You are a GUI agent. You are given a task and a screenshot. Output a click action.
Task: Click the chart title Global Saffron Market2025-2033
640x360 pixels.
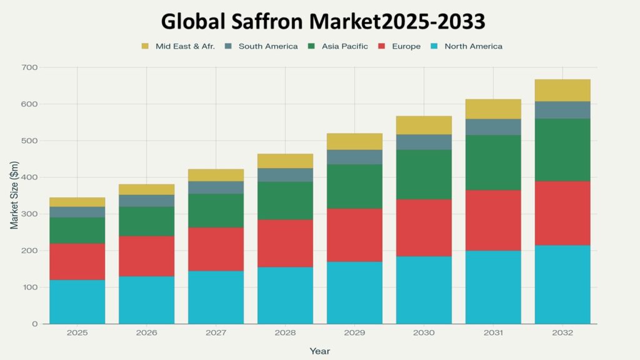(x=323, y=21)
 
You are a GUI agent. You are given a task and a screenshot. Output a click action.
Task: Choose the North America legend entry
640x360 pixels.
(x=472, y=46)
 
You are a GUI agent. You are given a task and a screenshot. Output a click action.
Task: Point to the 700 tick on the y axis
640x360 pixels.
(x=30, y=67)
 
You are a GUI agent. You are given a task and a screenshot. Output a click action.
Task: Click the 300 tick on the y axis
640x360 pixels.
(x=30, y=214)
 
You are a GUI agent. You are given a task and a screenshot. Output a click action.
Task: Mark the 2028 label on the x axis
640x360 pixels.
(x=285, y=333)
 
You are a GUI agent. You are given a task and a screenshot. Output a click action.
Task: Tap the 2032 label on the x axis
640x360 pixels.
(x=562, y=333)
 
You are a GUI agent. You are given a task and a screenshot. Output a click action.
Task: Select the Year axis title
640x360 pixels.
(x=319, y=351)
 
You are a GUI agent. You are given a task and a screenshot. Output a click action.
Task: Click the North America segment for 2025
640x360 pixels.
(x=77, y=302)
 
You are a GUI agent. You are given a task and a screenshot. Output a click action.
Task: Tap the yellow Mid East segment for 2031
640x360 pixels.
(x=493, y=109)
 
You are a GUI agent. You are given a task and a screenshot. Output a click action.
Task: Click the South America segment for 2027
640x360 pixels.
(x=216, y=187)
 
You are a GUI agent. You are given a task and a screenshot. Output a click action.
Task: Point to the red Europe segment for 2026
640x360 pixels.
(x=147, y=256)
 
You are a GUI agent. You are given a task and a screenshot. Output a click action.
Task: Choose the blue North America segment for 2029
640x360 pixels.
(x=354, y=292)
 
